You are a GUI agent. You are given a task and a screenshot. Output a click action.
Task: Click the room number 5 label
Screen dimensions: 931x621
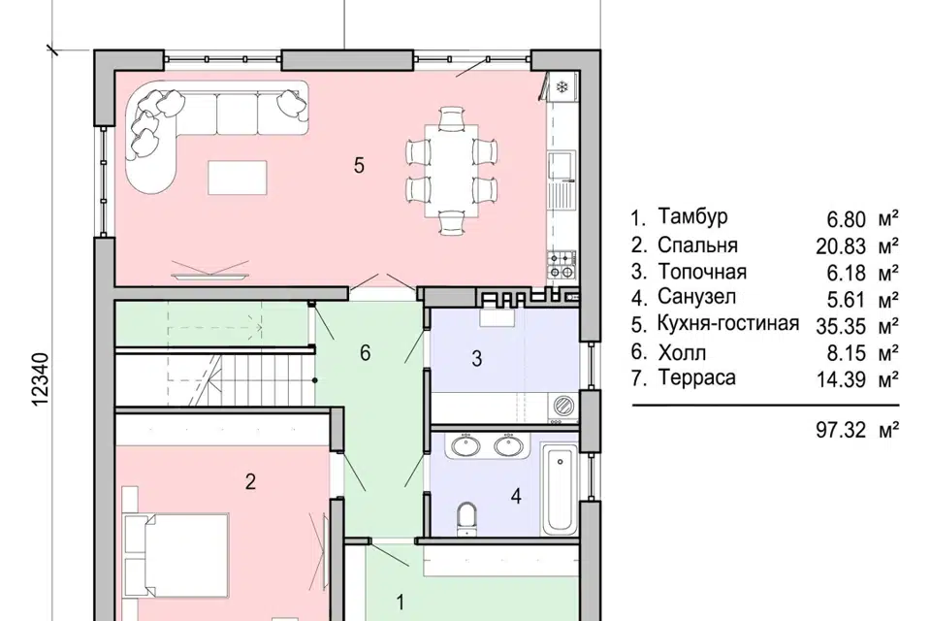click(359, 165)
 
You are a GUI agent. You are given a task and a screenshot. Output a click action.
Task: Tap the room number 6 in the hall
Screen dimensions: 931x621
click(366, 353)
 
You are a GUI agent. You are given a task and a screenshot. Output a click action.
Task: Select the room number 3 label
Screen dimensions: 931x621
click(477, 359)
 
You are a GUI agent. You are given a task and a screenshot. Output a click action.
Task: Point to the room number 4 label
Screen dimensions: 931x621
click(516, 496)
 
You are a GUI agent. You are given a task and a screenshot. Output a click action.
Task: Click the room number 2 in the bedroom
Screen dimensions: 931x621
click(250, 481)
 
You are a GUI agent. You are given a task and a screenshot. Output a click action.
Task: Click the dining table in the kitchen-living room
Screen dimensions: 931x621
click(452, 171)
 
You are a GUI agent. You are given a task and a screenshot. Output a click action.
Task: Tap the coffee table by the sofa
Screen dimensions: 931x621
click(237, 178)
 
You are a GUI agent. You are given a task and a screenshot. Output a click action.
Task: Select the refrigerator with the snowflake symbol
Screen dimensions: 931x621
click(562, 88)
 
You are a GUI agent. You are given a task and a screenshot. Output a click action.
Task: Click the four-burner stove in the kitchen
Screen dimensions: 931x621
click(562, 265)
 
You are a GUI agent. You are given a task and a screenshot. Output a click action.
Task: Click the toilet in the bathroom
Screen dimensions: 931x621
click(466, 519)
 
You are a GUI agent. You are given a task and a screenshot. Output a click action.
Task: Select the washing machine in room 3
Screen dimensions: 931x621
click(562, 406)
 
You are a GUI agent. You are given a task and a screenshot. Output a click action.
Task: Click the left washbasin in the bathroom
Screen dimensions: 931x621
click(465, 445)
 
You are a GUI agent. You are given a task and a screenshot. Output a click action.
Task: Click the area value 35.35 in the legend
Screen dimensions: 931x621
click(841, 326)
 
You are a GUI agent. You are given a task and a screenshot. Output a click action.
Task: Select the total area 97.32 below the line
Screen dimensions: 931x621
click(841, 430)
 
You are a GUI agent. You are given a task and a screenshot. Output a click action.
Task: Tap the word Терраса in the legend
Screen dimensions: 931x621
click(696, 378)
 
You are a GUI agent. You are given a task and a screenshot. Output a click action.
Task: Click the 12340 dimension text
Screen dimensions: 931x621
click(40, 380)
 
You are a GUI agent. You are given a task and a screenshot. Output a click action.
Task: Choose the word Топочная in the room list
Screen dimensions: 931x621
click(702, 272)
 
